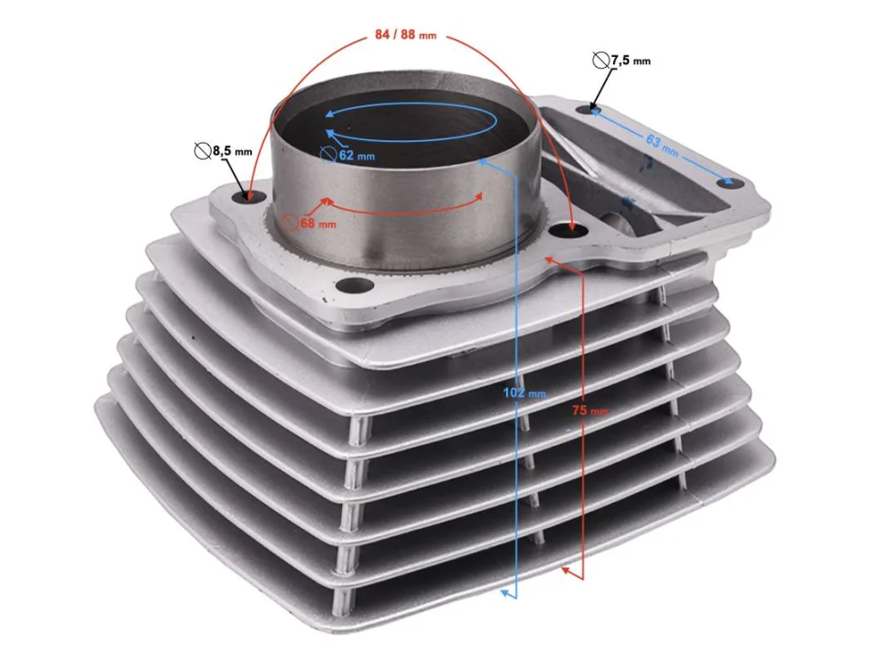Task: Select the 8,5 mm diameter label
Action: point(232,150)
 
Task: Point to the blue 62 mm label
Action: point(357,155)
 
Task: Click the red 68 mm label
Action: point(318,224)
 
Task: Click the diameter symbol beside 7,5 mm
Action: point(600,60)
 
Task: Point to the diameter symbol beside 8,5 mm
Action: point(202,150)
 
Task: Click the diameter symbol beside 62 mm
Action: point(328,155)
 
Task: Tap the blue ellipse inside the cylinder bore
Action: point(412,119)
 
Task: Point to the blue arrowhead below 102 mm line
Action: point(504,593)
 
